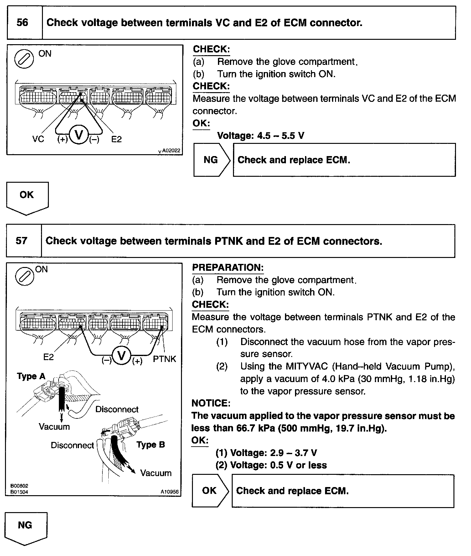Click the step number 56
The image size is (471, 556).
[x=22, y=23]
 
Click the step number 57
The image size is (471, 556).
[x=21, y=241]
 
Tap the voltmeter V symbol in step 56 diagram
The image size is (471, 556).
[x=79, y=135]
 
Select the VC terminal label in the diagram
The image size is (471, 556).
[x=38, y=139]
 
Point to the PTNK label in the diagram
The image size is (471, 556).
[x=164, y=359]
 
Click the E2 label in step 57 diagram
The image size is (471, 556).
[x=49, y=357]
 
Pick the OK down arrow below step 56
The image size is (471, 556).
[x=27, y=197]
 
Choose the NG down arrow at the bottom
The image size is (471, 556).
[x=25, y=528]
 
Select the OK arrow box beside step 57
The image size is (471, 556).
[x=210, y=490]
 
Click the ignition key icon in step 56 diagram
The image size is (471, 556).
[x=24, y=59]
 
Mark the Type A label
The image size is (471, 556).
[x=31, y=376]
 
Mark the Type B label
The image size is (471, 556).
[x=151, y=444]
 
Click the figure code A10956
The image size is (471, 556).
[x=170, y=492]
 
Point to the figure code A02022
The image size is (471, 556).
[x=171, y=150]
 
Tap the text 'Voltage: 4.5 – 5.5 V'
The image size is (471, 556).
[x=261, y=136]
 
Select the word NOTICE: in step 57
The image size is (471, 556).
[x=211, y=403]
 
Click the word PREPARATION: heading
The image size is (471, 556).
[x=228, y=267]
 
